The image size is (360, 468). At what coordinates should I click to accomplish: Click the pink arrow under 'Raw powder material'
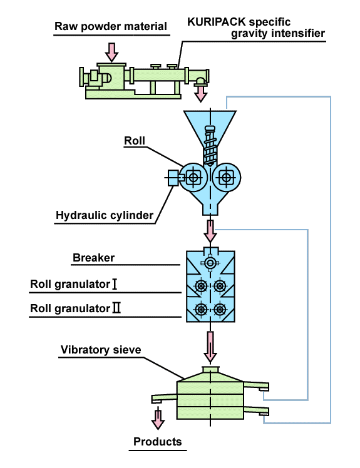112,51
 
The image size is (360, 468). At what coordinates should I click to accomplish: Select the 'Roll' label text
135,141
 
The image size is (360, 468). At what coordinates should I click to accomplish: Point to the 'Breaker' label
94,258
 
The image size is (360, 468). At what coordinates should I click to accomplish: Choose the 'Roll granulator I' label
74,285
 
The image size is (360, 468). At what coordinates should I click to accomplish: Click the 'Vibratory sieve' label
101,349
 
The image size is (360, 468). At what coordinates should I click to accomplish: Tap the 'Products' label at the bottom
158,442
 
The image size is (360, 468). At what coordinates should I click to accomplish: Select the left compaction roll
193,177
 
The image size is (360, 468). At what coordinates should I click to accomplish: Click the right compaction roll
227,177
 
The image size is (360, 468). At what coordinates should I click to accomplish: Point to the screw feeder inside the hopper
209,144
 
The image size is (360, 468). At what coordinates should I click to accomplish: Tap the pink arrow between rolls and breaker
210,230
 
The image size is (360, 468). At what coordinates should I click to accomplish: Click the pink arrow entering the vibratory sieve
210,346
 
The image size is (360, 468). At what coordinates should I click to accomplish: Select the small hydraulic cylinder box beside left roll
173,178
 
